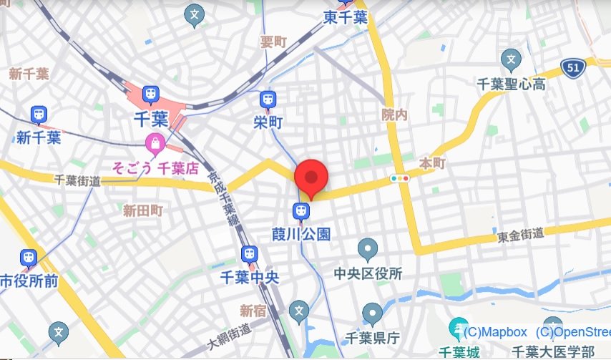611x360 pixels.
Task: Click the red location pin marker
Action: tap(311, 177)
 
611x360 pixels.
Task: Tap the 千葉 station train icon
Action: tap(150, 94)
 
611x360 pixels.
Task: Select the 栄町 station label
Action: tap(268, 122)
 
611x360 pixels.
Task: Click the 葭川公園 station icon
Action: tap(301, 210)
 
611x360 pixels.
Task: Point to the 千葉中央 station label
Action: tap(249, 277)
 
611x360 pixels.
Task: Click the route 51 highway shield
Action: tap(572, 68)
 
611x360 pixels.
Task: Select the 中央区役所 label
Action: tap(368, 273)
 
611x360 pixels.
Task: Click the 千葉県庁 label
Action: tap(372, 337)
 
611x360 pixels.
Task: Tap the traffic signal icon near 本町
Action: tap(400, 177)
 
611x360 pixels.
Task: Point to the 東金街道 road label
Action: tap(520, 235)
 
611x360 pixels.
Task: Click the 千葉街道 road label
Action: tap(78, 183)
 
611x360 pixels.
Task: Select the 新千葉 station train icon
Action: tap(39, 115)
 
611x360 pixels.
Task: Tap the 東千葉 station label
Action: tap(345, 16)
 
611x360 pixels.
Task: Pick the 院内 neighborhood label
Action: tap(394, 114)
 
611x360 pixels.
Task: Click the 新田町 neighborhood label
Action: tap(143, 210)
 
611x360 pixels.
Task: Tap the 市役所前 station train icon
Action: tap(29, 257)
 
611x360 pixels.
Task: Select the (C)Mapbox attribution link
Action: tap(495, 332)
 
